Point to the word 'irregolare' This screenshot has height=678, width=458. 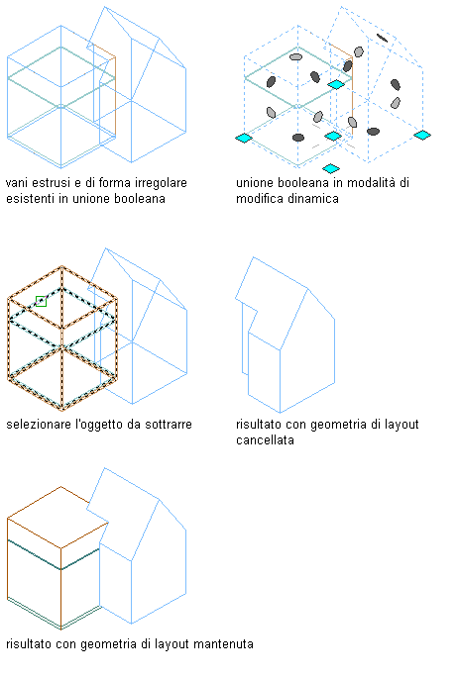161,183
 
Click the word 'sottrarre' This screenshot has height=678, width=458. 168,425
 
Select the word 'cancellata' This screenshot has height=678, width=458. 265,440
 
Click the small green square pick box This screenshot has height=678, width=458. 41,301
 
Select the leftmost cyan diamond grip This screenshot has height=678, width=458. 244,138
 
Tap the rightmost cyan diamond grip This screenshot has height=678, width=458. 422,136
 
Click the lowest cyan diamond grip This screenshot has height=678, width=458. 331,168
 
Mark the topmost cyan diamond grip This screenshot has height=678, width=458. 336,84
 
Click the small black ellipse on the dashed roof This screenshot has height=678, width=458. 382,38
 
